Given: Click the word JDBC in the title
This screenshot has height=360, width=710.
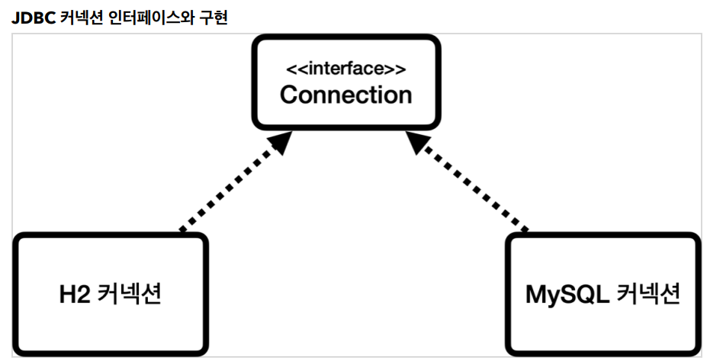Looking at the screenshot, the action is [x=34, y=18].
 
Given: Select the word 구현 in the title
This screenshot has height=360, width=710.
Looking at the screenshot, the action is [x=213, y=18].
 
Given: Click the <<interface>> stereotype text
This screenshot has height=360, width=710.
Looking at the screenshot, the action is [x=346, y=69].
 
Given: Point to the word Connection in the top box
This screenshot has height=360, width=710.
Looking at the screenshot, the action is [x=346, y=95].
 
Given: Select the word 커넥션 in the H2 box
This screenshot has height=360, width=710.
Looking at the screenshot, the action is [x=130, y=294].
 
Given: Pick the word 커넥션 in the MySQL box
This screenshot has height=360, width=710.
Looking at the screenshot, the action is [x=648, y=294].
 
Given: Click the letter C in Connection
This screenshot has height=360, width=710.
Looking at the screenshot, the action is [x=291, y=95].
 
